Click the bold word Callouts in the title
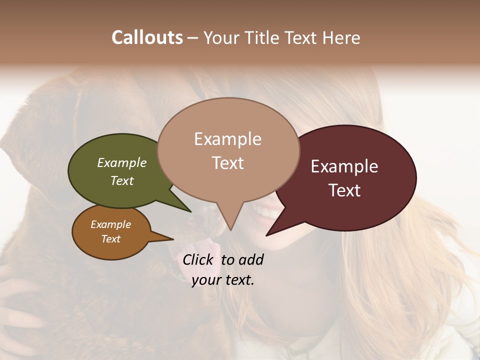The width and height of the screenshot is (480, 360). [147, 37]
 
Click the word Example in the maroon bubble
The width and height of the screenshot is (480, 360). [344, 166]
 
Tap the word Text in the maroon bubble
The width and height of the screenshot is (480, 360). [344, 190]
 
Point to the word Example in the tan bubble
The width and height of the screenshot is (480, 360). [227, 139]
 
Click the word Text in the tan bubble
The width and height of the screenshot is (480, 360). [228, 163]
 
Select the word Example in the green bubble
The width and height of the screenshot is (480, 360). [122, 163]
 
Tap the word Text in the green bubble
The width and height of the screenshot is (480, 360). [122, 180]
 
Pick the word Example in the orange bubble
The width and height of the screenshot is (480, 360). [111, 224]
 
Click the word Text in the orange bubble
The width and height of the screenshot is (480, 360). [111, 239]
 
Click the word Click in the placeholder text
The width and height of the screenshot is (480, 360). [199, 259]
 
